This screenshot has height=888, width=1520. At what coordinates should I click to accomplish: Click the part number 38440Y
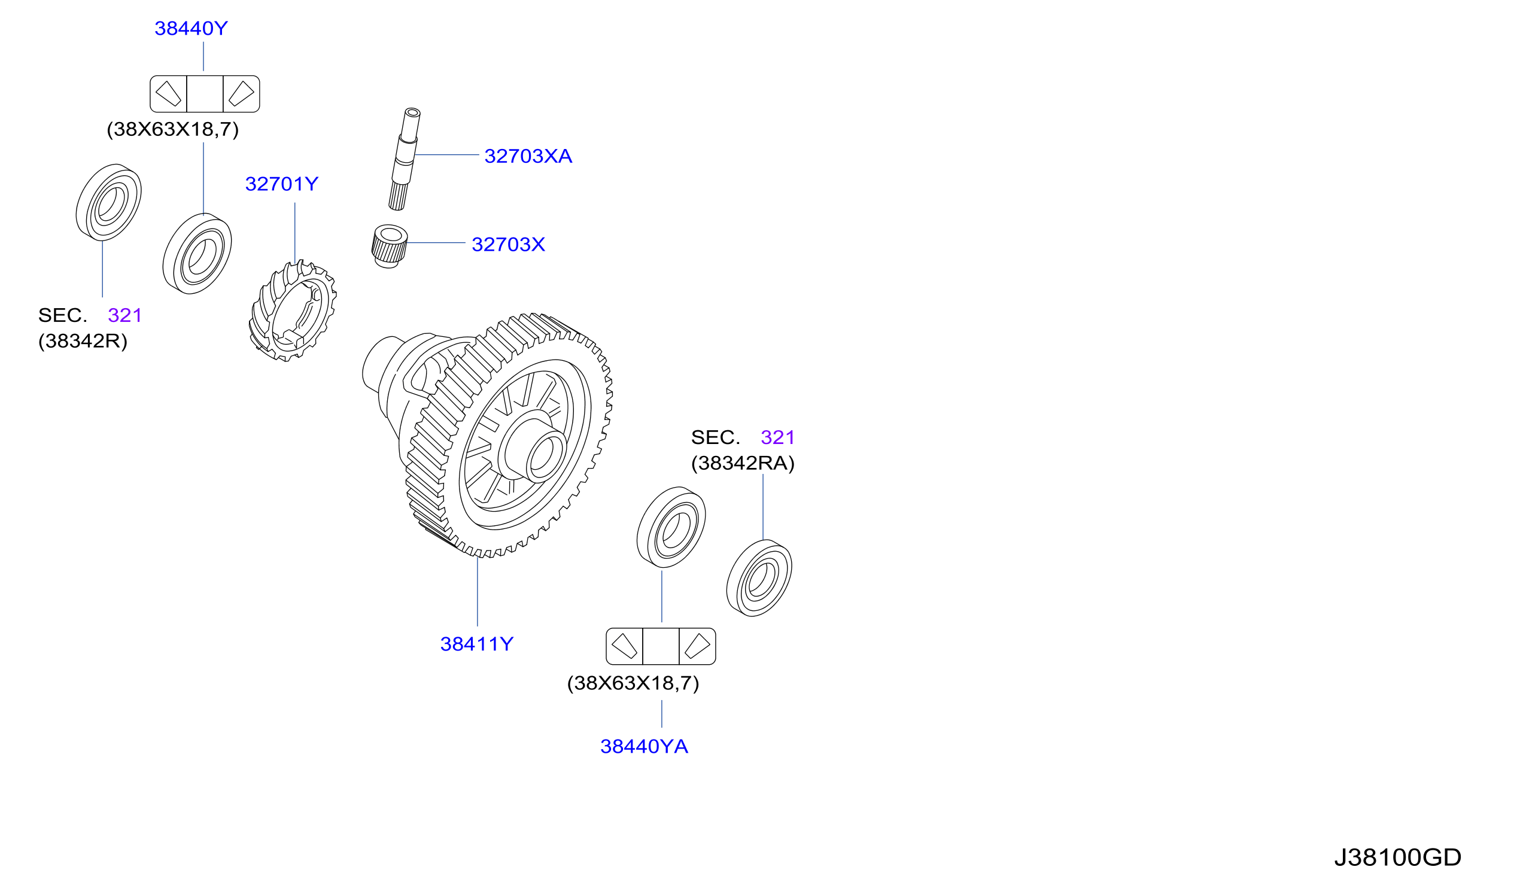[191, 28]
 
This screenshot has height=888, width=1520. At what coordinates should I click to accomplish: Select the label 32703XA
[528, 156]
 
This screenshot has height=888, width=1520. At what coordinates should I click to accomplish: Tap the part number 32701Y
[282, 184]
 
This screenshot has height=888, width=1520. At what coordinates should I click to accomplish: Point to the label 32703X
[508, 244]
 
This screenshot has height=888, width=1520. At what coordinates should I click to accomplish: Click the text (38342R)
[83, 342]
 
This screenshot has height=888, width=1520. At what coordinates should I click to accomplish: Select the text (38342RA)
[743, 463]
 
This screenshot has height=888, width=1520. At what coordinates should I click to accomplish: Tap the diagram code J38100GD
[1397, 857]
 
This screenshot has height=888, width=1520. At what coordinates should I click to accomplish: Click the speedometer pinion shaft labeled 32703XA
[405, 159]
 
